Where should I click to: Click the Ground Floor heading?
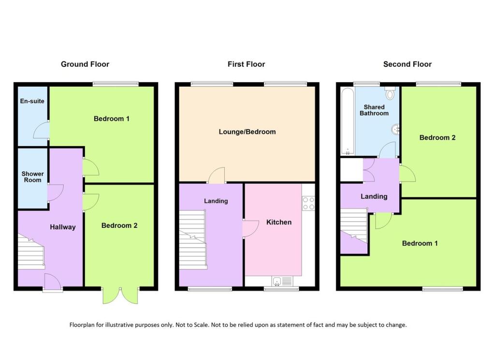coord(85,64)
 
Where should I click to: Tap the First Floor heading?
coord(247,64)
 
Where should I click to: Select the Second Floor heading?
coord(408,64)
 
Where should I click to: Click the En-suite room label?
coord(32,102)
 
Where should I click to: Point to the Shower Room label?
coord(32,177)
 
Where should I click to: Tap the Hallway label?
coord(63,226)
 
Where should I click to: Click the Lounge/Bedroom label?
coord(247,132)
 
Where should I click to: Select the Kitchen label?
coord(279,222)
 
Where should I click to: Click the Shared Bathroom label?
coord(374,110)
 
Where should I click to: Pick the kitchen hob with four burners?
coord(308,204)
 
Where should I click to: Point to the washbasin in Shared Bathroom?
coord(395,129)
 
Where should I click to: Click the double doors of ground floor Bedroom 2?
coord(120,295)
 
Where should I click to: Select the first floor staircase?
coord(192,240)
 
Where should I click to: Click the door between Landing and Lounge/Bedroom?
coord(217,176)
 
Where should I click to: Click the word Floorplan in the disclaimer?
coord(84,325)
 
